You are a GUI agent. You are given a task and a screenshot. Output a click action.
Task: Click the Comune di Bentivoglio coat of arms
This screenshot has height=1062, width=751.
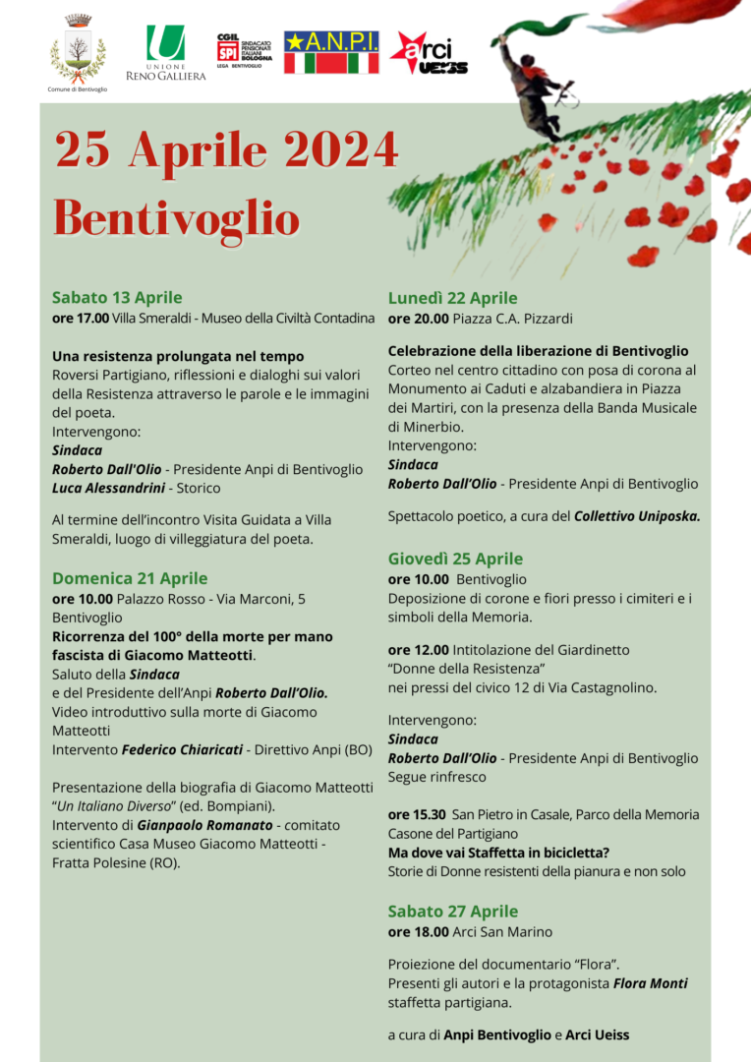pyautogui.click(x=78, y=49)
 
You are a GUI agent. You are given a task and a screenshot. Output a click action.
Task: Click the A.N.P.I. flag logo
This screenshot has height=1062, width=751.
pyautogui.click(x=331, y=52)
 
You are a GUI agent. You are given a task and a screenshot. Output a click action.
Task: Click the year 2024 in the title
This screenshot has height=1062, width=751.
pyautogui.click(x=338, y=150)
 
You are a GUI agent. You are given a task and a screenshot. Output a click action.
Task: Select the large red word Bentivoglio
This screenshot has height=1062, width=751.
pyautogui.click(x=176, y=216)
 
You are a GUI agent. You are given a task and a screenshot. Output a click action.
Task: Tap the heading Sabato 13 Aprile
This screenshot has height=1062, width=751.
pyautogui.click(x=117, y=297)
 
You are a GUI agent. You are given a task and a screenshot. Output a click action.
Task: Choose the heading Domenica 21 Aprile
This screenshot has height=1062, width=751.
pyautogui.click(x=130, y=578)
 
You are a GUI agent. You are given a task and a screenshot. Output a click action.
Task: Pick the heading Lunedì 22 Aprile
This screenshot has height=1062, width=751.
pyautogui.click(x=452, y=298)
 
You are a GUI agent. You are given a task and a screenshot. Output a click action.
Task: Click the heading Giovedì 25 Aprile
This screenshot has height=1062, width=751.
pyautogui.click(x=455, y=559)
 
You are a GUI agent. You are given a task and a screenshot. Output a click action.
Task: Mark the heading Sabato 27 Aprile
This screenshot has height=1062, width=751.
pyautogui.click(x=452, y=911)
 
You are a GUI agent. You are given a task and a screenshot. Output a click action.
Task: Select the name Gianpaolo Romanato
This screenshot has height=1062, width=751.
pyautogui.click(x=204, y=825)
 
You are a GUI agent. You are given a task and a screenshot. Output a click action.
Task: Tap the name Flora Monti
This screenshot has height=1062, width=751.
pyautogui.click(x=650, y=983)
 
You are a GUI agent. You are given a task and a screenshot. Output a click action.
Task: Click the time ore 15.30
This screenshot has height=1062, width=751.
pyautogui.click(x=417, y=814)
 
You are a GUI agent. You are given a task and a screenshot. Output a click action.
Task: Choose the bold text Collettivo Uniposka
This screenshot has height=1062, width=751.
pyautogui.click(x=637, y=515)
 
